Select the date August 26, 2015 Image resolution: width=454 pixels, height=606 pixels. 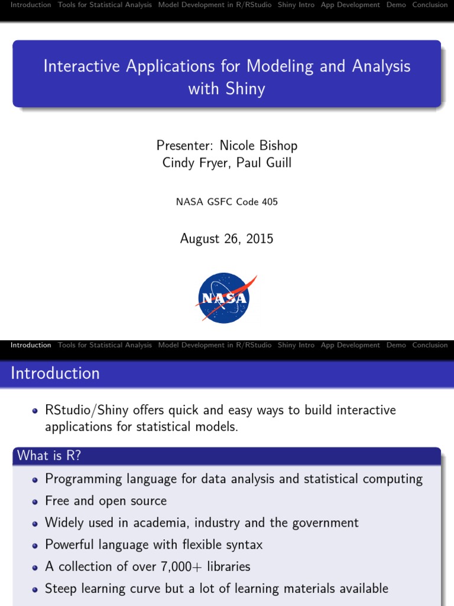point(226,239)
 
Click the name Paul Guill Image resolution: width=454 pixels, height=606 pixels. point(264,163)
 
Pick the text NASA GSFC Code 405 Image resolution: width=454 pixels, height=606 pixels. point(226,202)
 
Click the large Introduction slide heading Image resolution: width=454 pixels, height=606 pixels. point(56,373)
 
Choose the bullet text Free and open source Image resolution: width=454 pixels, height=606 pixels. point(106,501)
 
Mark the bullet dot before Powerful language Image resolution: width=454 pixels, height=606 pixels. point(37,545)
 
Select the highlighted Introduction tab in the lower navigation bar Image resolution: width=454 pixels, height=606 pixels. point(31,345)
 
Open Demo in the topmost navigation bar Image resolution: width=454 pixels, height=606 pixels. point(396,5)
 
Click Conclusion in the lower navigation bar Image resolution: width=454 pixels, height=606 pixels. point(430,345)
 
